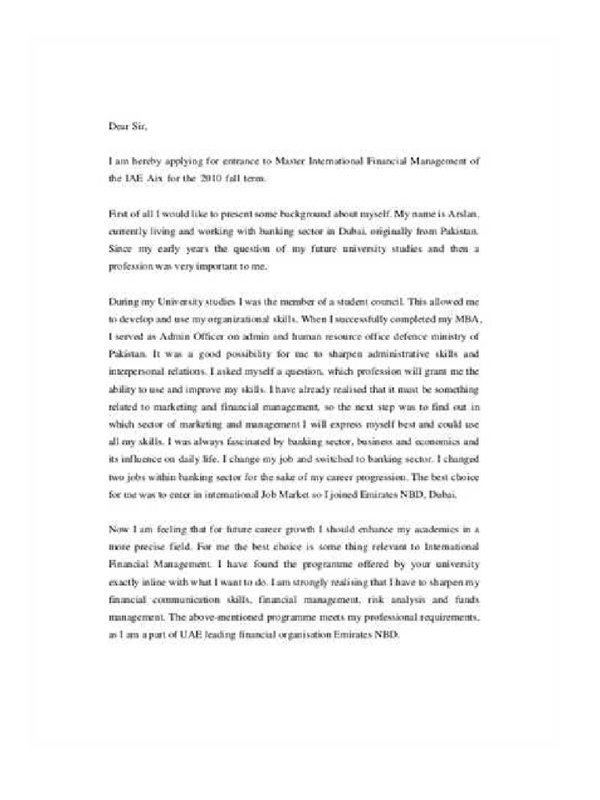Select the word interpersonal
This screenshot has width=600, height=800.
click(x=137, y=371)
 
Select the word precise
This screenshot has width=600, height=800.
click(x=149, y=547)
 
